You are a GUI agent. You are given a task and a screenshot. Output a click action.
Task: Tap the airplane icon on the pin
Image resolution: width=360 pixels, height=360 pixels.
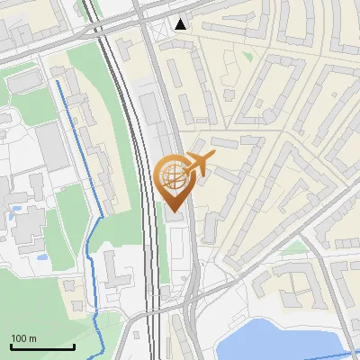tap(199, 164)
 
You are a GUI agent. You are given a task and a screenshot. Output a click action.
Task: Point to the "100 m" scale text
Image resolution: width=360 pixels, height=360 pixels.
tap(23, 338)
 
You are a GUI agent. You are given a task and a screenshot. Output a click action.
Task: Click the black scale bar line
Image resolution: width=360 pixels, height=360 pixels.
tap(42, 346)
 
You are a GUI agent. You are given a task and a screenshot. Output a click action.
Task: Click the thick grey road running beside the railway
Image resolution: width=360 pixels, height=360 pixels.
tap(176, 117)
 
